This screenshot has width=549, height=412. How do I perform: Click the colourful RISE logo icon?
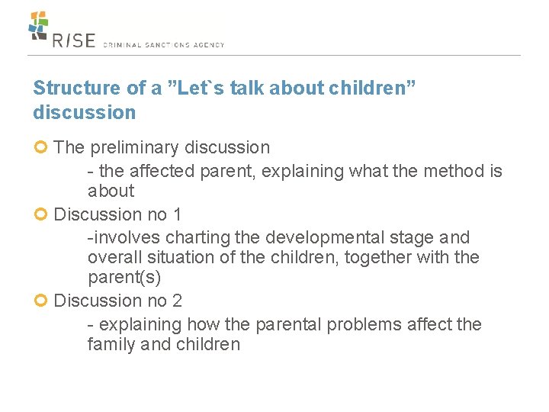click(38, 25)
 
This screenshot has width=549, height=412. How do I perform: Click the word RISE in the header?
click(74, 40)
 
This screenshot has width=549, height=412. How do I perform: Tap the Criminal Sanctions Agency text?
click(163, 45)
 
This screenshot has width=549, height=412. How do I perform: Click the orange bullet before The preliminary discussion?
click(41, 147)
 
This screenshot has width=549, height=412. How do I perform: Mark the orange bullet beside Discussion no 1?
click(41, 214)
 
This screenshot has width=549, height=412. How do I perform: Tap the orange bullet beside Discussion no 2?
click(41, 301)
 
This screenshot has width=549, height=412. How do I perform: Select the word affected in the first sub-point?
click(164, 171)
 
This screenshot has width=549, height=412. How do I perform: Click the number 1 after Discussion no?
click(177, 214)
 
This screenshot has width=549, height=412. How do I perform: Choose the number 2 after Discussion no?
click(177, 301)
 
